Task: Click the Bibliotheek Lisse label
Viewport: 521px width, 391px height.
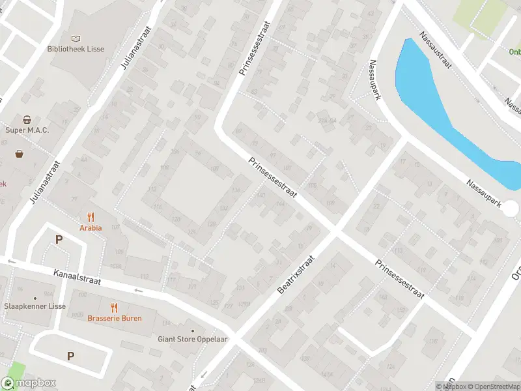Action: point(76,49)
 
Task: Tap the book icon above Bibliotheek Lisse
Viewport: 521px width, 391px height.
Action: point(76,39)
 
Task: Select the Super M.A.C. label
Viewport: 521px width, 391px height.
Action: point(27,130)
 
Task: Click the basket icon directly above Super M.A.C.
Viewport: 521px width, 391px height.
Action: point(27,120)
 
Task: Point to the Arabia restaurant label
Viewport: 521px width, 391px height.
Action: point(91,228)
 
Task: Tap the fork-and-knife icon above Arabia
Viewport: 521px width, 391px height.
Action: point(91,218)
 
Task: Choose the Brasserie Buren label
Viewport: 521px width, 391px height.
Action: point(114,318)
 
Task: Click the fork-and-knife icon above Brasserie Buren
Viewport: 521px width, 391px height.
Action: point(114,308)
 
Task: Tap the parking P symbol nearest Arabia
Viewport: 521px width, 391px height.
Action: point(59,240)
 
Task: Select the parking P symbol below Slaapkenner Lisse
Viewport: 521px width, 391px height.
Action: point(70,356)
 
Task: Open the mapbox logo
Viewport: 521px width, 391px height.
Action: point(29,383)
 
